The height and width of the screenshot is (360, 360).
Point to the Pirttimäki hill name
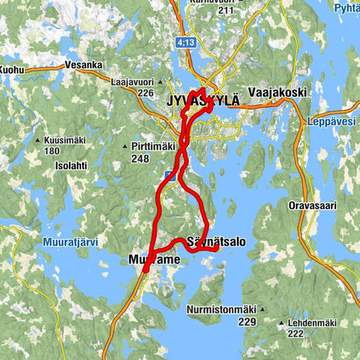pos(152,146)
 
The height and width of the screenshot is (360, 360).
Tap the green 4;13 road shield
pos(185,43)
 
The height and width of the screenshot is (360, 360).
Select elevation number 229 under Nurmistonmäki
pos(247,320)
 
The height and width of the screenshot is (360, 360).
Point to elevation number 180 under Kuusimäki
pos(51,151)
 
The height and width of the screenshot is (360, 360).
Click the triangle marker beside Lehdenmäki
pos(280,324)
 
